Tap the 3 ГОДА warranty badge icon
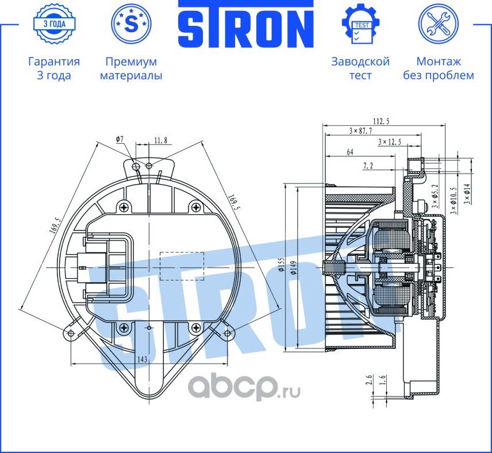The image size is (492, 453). point(53,24)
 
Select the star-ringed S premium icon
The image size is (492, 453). point(131,24)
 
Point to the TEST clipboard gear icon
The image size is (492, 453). point(360,24)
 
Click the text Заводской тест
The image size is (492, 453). point(360,68)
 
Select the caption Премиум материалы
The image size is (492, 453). point(131,68)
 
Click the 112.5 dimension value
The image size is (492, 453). point(381,121)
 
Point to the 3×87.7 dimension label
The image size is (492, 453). point(360,131)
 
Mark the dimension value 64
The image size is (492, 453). point(349,152)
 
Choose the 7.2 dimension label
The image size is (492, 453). point(368,166)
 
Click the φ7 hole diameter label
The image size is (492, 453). point(119,139)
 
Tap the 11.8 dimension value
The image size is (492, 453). point(160,139)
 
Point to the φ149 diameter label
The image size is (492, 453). point(293,268)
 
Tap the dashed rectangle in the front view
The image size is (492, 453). point(181,266)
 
